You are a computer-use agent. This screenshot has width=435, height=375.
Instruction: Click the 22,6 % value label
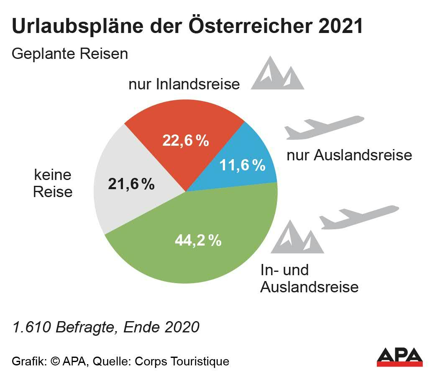[185, 141]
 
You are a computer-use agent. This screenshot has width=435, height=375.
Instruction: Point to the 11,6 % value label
[242, 165]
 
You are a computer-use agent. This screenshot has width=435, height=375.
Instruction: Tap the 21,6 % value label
[131, 184]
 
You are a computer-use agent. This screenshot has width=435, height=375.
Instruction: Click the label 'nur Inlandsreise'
[184, 84]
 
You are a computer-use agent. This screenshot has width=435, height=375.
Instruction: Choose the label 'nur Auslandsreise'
[349, 155]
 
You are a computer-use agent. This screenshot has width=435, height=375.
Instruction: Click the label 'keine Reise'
[53, 183]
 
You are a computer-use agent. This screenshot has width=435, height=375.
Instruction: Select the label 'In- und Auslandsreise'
[309, 279]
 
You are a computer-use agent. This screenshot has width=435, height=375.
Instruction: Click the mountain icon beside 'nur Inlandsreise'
[277, 74]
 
